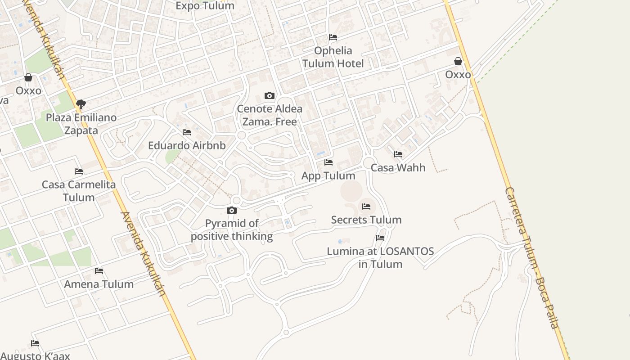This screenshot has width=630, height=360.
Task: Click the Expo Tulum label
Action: point(205,6)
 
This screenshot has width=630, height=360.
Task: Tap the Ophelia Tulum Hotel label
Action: point(333,57)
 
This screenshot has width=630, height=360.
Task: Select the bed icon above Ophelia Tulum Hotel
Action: point(333,37)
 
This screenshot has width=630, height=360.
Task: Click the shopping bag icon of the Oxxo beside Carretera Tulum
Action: point(458,61)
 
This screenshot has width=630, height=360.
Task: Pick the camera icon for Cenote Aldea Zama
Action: point(270,95)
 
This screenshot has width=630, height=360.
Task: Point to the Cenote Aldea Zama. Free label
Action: point(270,115)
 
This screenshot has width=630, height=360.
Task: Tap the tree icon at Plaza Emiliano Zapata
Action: point(81,104)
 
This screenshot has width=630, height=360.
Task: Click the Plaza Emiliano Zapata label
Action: point(81,124)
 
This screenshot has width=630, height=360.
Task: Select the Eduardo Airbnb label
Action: point(187,146)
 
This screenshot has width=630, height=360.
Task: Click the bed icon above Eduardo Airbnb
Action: point(187,132)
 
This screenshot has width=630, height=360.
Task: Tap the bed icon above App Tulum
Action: point(328,162)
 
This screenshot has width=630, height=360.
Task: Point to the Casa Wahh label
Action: point(398,168)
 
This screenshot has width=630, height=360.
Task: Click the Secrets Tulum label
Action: point(366,220)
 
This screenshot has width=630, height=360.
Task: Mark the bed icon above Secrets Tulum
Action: point(366,207)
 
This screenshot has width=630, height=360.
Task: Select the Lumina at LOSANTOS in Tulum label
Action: point(380,257)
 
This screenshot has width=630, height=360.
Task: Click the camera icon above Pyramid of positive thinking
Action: point(232,210)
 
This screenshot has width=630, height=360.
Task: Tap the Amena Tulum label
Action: point(99,284)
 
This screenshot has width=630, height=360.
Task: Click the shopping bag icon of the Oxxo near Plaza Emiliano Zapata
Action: point(28,77)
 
